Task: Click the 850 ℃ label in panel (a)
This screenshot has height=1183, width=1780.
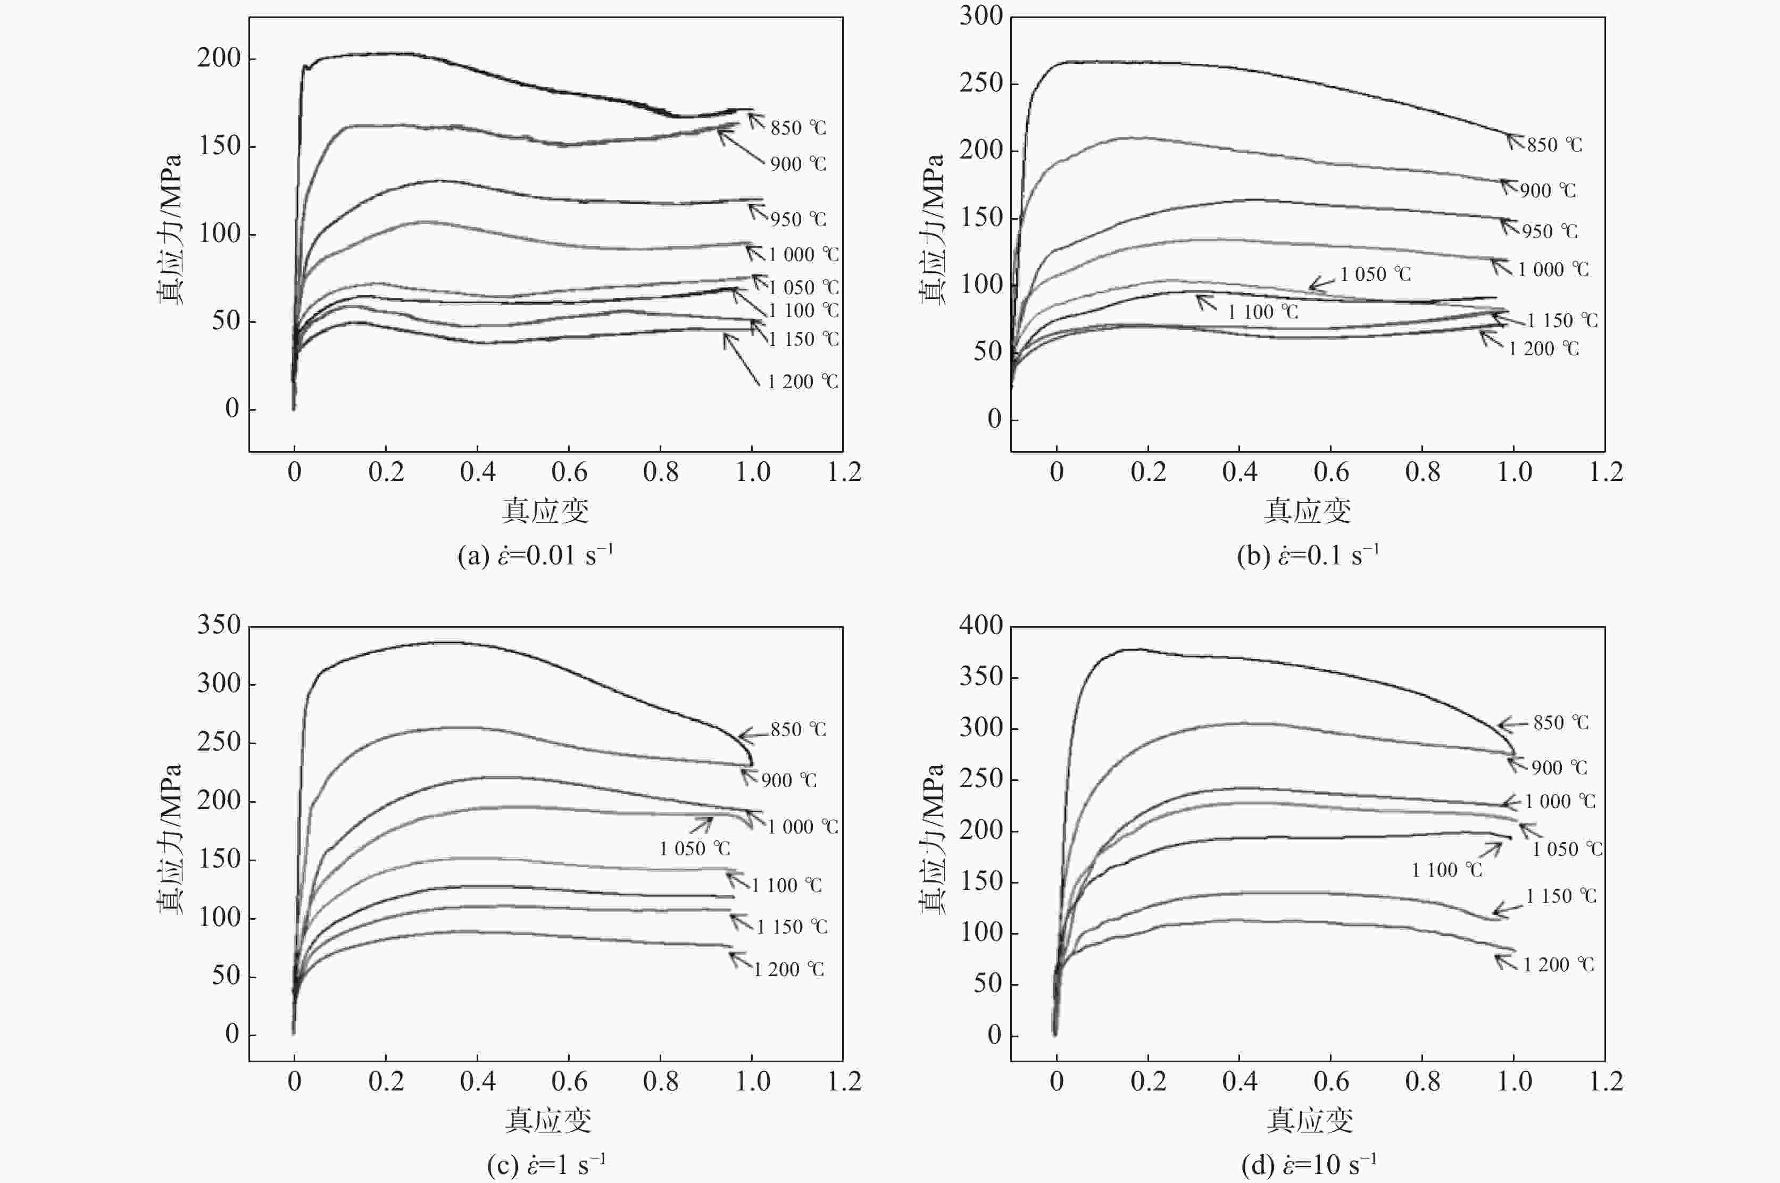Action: (x=797, y=128)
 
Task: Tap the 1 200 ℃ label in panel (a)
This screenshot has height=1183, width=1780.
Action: (x=803, y=382)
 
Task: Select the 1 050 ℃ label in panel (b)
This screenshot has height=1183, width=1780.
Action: (x=1375, y=274)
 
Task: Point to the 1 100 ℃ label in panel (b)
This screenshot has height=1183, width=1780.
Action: (x=1262, y=312)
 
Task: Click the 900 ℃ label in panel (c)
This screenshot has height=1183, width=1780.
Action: (x=788, y=780)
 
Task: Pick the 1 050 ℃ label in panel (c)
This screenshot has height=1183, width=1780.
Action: (x=694, y=849)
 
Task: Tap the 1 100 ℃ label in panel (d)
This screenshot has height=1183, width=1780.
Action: (x=1446, y=870)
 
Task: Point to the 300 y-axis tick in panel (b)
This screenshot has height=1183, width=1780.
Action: (x=981, y=16)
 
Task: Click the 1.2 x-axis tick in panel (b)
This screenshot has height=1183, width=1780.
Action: (x=1606, y=472)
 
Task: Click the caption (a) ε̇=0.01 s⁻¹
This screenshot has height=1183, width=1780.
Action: (x=536, y=555)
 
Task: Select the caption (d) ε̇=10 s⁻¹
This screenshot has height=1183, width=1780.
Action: (x=1309, y=1165)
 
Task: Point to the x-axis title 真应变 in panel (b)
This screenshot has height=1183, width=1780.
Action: (x=1307, y=512)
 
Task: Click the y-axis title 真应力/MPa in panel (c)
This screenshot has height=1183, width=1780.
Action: (x=171, y=839)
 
